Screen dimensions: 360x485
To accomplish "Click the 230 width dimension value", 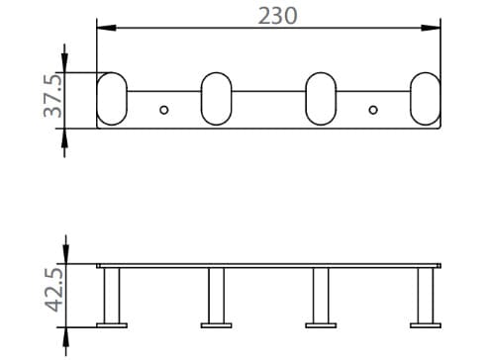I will coord(277,16).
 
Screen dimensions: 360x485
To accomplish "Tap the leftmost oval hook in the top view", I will coord(112,99).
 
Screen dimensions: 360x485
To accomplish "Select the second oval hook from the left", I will coord(217,99).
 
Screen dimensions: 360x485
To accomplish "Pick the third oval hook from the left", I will coord(322,99).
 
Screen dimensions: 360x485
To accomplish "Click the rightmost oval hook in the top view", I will coord(426,99).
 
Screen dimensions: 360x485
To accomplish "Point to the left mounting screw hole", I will coord(164,109).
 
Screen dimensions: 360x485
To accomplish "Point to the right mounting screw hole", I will coord(373,109).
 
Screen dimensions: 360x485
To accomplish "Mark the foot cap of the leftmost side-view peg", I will coord(112,322).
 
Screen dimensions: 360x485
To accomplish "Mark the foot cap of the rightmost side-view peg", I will coord(426,322).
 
